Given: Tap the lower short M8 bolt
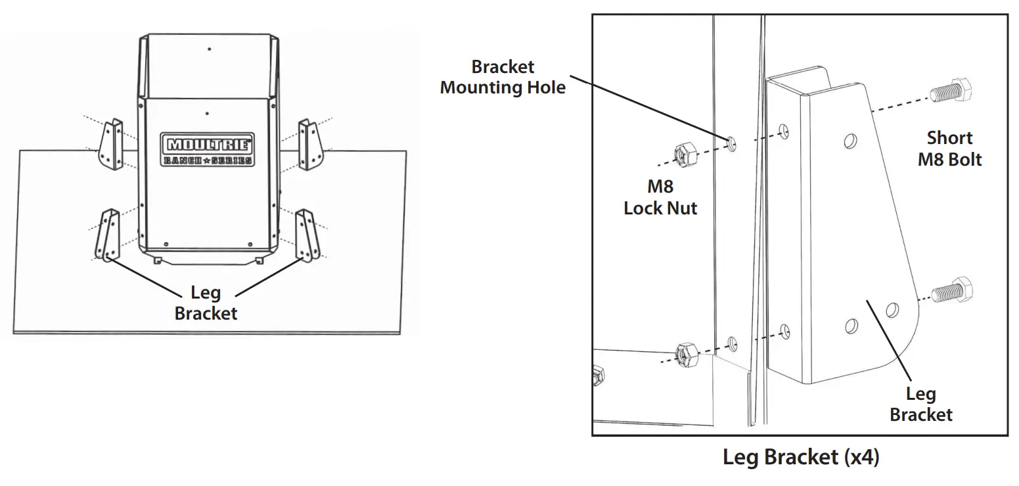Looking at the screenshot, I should pyautogui.click(x=951, y=290).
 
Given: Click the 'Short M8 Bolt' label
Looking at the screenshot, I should pyautogui.click(x=949, y=149).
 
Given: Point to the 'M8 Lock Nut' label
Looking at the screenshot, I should pyautogui.click(x=660, y=198).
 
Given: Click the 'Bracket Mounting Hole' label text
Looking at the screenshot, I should pyautogui.click(x=503, y=77).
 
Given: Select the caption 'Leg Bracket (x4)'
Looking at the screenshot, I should pyautogui.click(x=800, y=457).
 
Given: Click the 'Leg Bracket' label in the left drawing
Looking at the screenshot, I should pyautogui.click(x=206, y=302).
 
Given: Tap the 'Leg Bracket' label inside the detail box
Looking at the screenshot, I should pyautogui.click(x=920, y=404).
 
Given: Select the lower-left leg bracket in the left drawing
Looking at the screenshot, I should pyautogui.click(x=108, y=234).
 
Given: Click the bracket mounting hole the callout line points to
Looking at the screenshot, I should pyautogui.click(x=732, y=143).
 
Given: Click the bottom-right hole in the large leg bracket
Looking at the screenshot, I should pyautogui.click(x=892, y=308).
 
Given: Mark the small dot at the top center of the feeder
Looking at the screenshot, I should pyautogui.click(x=209, y=49).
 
